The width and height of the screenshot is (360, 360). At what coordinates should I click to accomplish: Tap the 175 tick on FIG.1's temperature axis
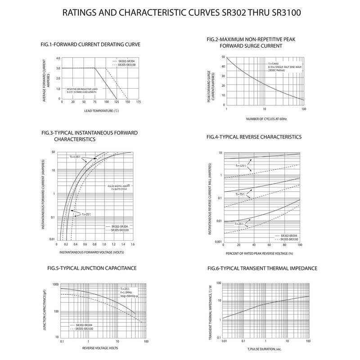tap(139, 102)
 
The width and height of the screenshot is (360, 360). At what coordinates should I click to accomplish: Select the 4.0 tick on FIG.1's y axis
tap(58, 58)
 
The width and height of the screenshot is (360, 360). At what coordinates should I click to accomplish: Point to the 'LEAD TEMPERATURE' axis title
tap(101, 111)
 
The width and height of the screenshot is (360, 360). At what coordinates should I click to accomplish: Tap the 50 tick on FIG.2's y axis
tap(223, 57)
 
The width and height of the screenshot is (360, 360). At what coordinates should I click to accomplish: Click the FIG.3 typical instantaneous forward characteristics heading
tap(89, 136)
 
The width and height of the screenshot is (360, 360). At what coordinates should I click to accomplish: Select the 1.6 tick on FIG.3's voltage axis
tap(131, 244)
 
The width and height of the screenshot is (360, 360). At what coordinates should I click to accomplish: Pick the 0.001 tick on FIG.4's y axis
tap(217, 242)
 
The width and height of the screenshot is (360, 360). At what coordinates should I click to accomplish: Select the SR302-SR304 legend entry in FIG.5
tap(84, 325)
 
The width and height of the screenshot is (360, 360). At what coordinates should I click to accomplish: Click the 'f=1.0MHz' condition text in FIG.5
tap(126, 292)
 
